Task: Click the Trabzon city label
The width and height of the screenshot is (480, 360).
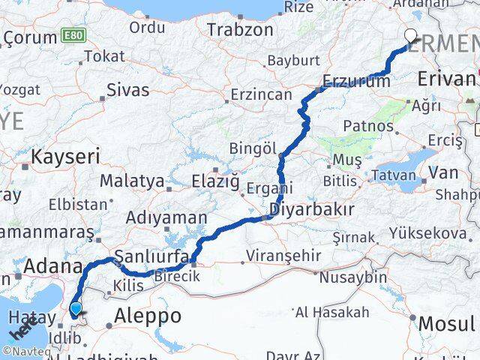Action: [x=241, y=30]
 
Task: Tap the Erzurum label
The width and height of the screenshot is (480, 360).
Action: [x=356, y=81]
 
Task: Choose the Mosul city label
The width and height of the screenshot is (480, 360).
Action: [x=448, y=324]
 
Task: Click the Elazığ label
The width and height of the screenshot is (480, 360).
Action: [x=215, y=181]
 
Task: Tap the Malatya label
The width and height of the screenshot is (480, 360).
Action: [x=131, y=181]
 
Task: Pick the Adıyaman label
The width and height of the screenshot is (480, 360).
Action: [x=167, y=218]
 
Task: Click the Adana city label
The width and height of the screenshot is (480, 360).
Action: [x=53, y=265]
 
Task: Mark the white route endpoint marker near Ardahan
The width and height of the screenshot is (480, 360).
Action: [x=412, y=34]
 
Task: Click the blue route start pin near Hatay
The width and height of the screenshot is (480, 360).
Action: [x=76, y=308]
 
